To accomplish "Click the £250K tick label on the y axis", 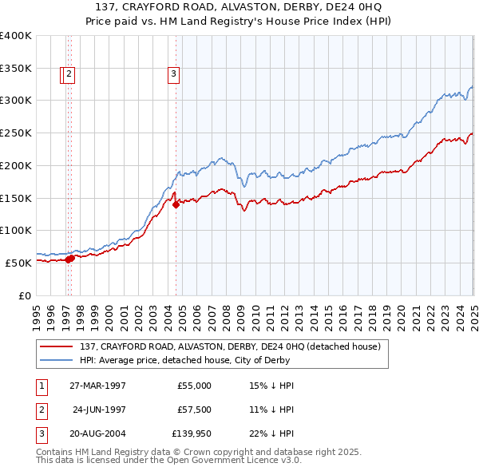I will coord(16,133).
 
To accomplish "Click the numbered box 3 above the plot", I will coord(173,75).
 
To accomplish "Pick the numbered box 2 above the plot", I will coord(69,75).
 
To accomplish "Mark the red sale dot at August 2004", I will coord(176,204).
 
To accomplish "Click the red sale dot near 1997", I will coord(70,258).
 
